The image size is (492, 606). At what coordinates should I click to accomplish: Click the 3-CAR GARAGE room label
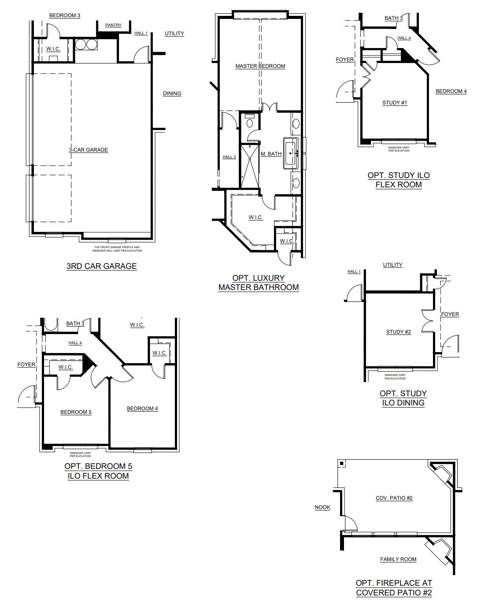click(x=89, y=150)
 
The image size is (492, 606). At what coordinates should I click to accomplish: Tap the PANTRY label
click(x=113, y=25)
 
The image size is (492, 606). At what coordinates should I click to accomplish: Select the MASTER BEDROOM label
click(x=260, y=66)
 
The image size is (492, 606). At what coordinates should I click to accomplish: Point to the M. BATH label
click(x=271, y=154)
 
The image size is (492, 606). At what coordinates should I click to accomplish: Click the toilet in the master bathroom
click(x=250, y=121)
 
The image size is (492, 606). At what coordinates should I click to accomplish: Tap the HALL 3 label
click(x=229, y=157)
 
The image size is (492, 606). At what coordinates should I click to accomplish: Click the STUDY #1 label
click(x=395, y=103)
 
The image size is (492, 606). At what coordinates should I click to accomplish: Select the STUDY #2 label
click(x=399, y=332)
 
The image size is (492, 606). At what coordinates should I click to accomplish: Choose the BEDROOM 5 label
click(x=76, y=412)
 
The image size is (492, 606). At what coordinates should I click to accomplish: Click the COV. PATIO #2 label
click(x=394, y=498)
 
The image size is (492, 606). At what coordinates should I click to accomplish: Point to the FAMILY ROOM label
click(x=398, y=559)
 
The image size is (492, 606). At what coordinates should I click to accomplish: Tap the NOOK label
click(x=322, y=507)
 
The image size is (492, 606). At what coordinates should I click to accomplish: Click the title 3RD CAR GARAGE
click(x=101, y=266)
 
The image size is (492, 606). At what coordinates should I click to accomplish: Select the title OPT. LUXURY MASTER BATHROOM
click(x=259, y=283)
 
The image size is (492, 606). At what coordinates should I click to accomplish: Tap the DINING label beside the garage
click(x=172, y=93)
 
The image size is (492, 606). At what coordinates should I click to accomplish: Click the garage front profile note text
click(x=117, y=249)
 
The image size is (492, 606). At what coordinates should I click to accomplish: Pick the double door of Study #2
click(x=428, y=321)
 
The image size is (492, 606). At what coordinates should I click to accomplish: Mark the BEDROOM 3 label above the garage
click(x=65, y=15)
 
